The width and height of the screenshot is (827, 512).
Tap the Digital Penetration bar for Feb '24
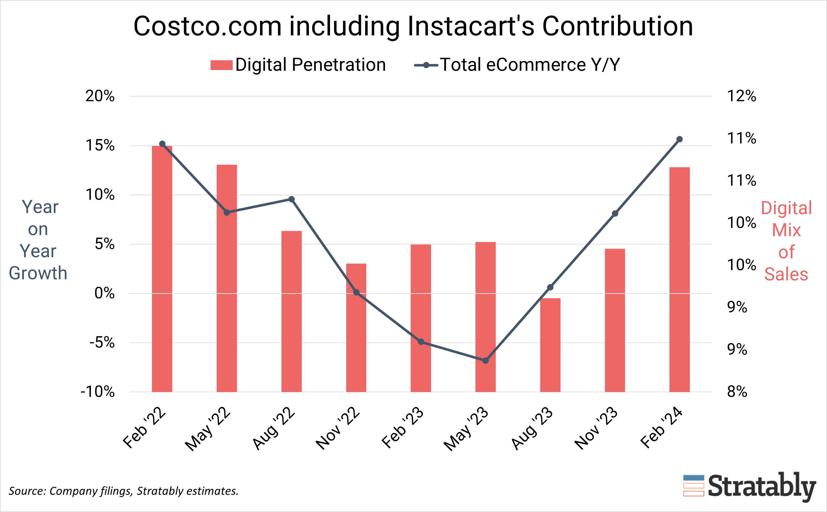[x=679, y=279]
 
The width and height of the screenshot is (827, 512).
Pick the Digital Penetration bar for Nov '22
[x=356, y=328]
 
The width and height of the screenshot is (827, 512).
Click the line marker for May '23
[x=485, y=361]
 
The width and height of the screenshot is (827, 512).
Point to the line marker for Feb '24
[x=679, y=139]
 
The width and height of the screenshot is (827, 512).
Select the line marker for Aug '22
[x=291, y=199]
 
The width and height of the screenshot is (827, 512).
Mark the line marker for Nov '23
[x=615, y=213]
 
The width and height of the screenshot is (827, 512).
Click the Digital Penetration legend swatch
[x=221, y=65]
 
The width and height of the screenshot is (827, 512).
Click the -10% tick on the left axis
[x=98, y=392]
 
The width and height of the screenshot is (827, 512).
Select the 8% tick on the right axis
[x=737, y=392]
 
